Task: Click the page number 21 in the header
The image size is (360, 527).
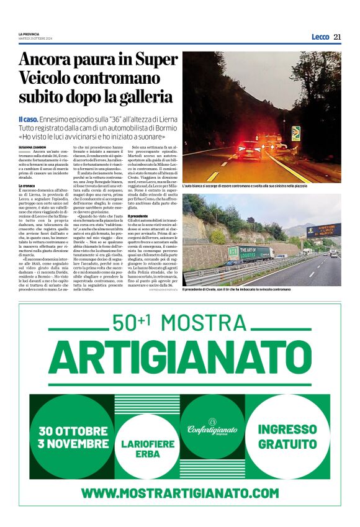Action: pyautogui.click(x=337, y=37)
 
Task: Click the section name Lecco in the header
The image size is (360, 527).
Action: pyautogui.click(x=320, y=37)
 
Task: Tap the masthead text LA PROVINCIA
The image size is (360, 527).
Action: pyautogui.click(x=29, y=34)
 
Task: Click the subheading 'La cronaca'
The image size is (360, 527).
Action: pyautogui.click(x=27, y=186)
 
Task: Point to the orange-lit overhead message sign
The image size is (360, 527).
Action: pyautogui.click(x=323, y=230)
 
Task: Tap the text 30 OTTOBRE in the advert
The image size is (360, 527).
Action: pyautogui.click(x=73, y=430)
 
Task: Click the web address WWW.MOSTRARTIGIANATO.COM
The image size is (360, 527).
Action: pyautogui.click(x=179, y=493)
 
